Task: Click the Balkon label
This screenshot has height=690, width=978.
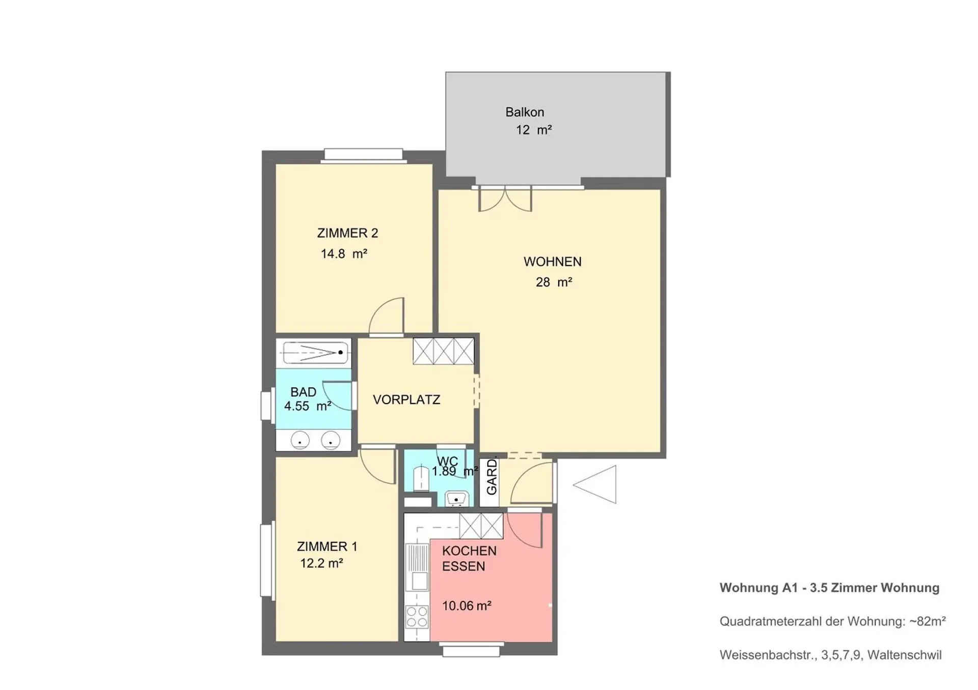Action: point(525,112)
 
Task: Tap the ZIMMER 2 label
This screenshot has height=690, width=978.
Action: point(347,233)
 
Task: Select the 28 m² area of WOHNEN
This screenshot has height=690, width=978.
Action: point(554,282)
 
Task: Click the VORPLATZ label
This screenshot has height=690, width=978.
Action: point(406,399)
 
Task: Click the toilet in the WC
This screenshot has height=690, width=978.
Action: point(421,478)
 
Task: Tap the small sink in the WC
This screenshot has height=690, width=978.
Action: point(457,499)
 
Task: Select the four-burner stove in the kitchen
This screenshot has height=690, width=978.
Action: point(417,616)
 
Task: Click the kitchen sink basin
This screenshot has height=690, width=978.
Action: point(420,581)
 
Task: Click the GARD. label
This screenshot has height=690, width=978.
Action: point(492,477)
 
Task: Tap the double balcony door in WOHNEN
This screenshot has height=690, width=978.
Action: point(505,199)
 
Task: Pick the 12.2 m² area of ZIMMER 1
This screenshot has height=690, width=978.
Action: point(321,563)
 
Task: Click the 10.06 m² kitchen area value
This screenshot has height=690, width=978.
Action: point(467,606)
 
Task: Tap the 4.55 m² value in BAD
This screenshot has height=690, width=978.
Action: point(308,406)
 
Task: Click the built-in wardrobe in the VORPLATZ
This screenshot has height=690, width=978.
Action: point(443,351)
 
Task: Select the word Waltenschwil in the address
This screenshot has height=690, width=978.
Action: point(905,655)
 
